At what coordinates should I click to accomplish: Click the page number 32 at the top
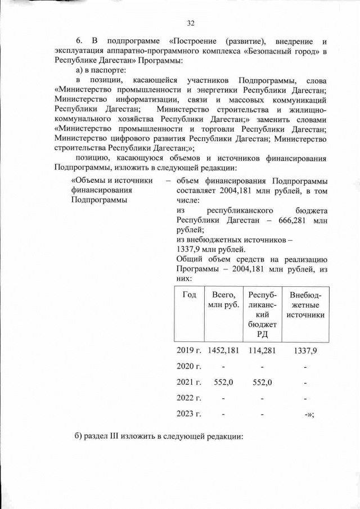190,23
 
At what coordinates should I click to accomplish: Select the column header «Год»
190,295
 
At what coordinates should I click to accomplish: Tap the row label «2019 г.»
189,350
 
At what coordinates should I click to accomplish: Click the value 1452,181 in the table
223,350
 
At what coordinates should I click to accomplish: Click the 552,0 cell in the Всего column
223,382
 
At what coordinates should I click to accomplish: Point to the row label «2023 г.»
189,415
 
